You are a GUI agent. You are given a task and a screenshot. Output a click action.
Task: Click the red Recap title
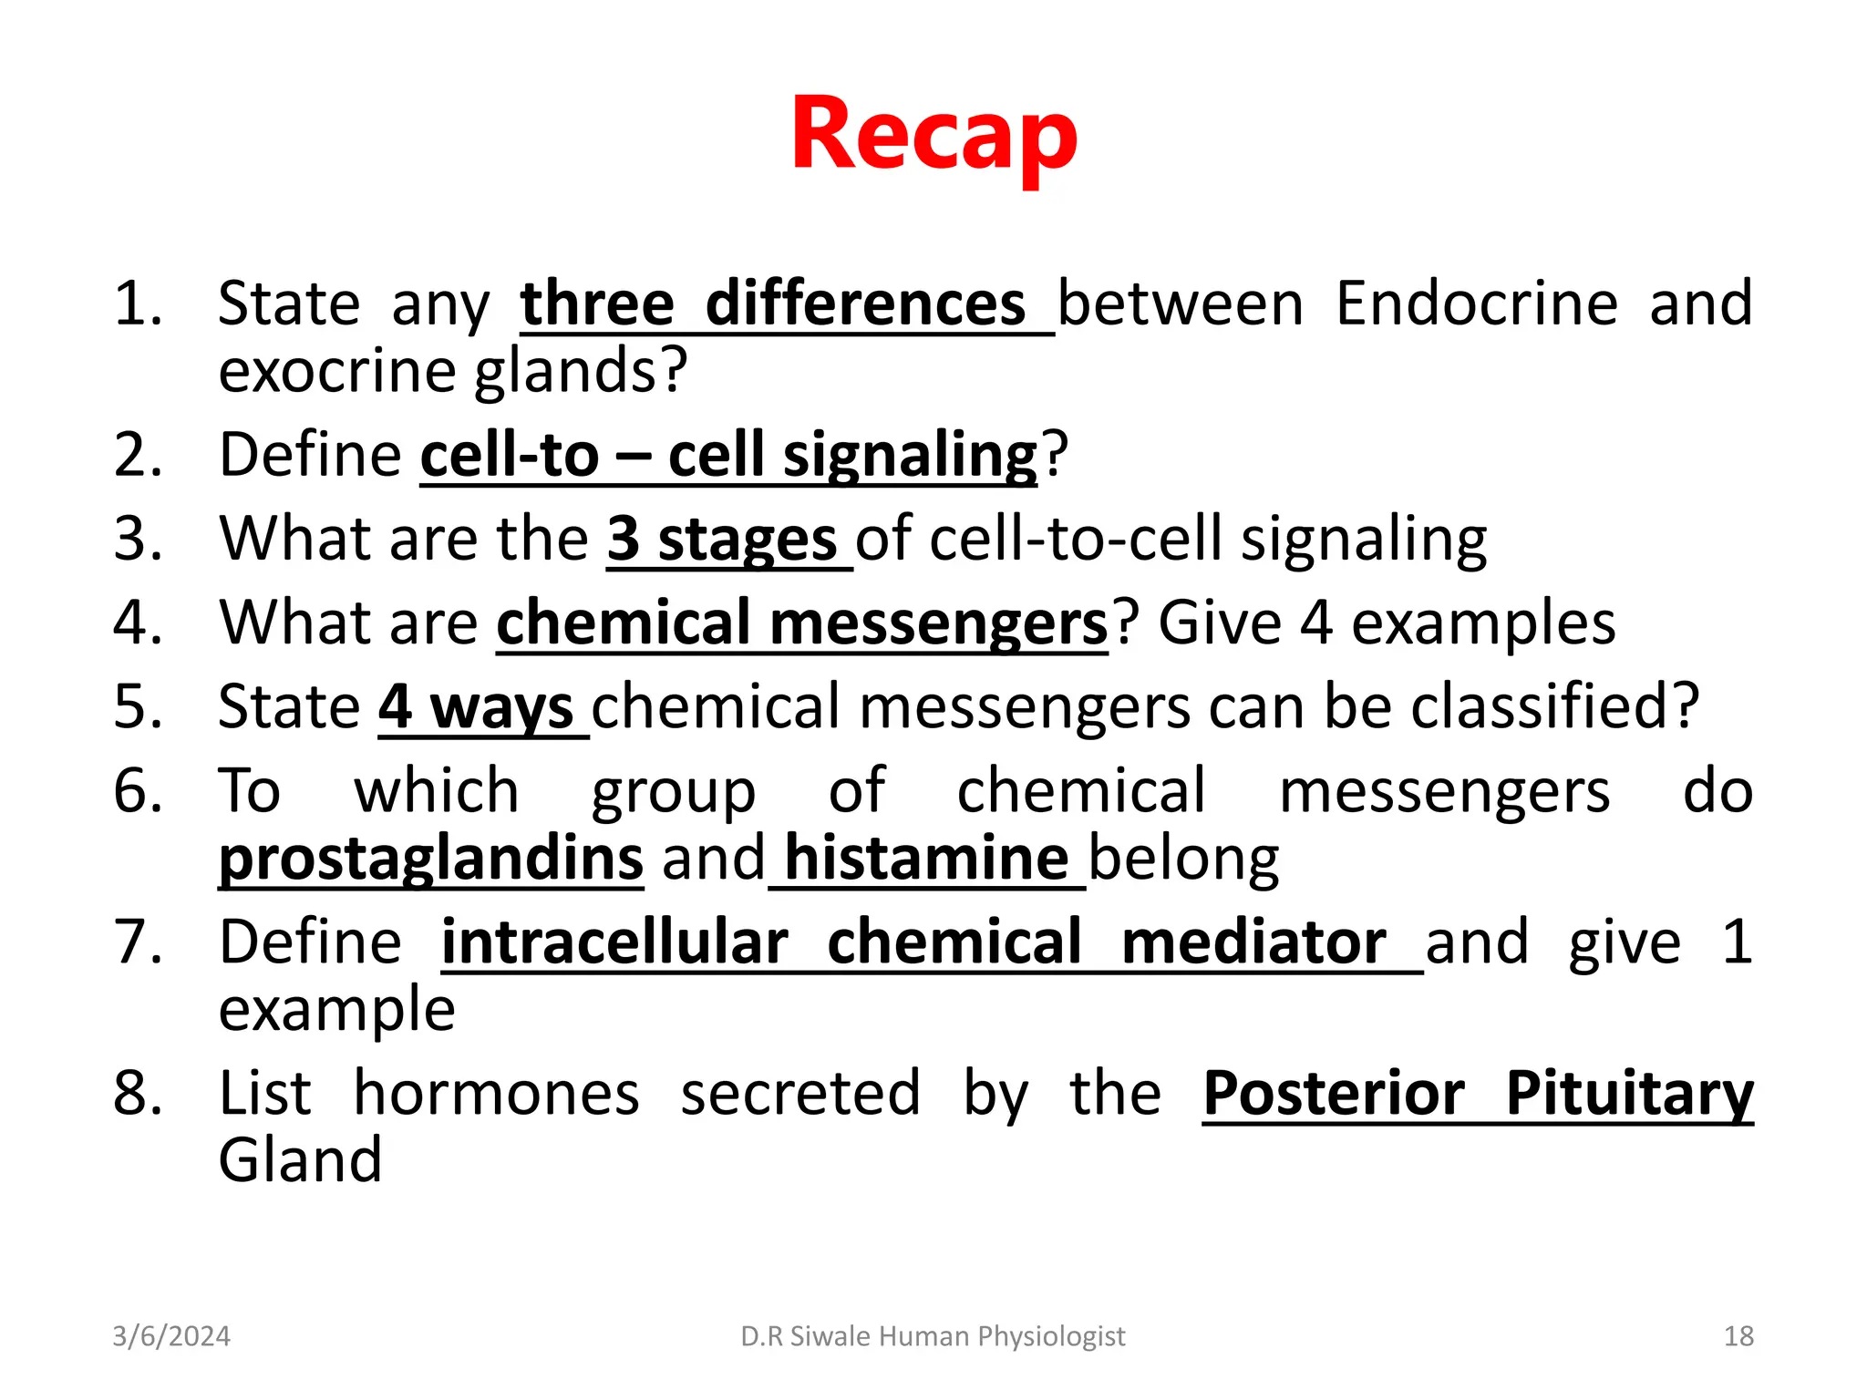(x=933, y=135)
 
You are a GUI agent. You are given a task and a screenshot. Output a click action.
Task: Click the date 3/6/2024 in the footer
(x=171, y=1336)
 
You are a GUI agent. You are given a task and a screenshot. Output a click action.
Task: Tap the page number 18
(x=1738, y=1336)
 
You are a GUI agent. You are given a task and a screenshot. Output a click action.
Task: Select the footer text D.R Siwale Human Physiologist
(x=933, y=1336)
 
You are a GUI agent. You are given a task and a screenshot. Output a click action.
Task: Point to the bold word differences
(x=865, y=304)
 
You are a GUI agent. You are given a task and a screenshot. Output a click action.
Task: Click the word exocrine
(x=336, y=371)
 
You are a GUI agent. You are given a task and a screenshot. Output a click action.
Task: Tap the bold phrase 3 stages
(x=721, y=539)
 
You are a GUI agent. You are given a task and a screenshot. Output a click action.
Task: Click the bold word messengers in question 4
(x=938, y=623)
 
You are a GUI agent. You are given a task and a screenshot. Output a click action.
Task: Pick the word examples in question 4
(x=1483, y=623)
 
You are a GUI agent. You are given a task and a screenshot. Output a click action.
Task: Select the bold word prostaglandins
(x=430, y=859)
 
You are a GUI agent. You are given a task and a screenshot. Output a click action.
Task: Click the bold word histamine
(x=925, y=859)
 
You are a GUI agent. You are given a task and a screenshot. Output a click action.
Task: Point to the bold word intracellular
(x=614, y=942)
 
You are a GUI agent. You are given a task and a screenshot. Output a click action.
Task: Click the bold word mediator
(x=1253, y=942)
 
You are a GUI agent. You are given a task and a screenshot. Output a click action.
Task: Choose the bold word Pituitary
(x=1629, y=1093)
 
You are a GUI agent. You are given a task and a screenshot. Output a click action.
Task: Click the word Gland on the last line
(x=300, y=1160)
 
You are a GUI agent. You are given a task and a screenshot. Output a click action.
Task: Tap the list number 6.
(x=137, y=791)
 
